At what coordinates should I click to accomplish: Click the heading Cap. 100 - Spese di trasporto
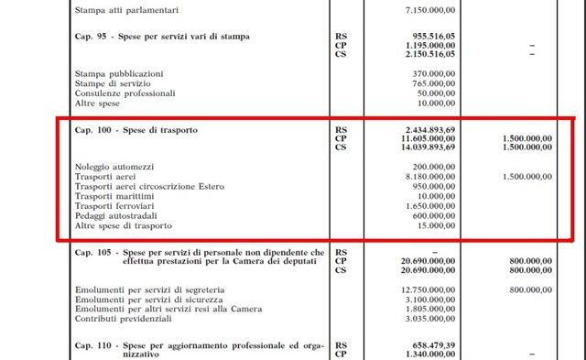point(136,131)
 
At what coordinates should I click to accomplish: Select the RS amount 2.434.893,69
point(429,131)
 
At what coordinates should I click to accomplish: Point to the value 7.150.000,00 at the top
point(429,9)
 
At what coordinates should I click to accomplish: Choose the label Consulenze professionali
point(126,93)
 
